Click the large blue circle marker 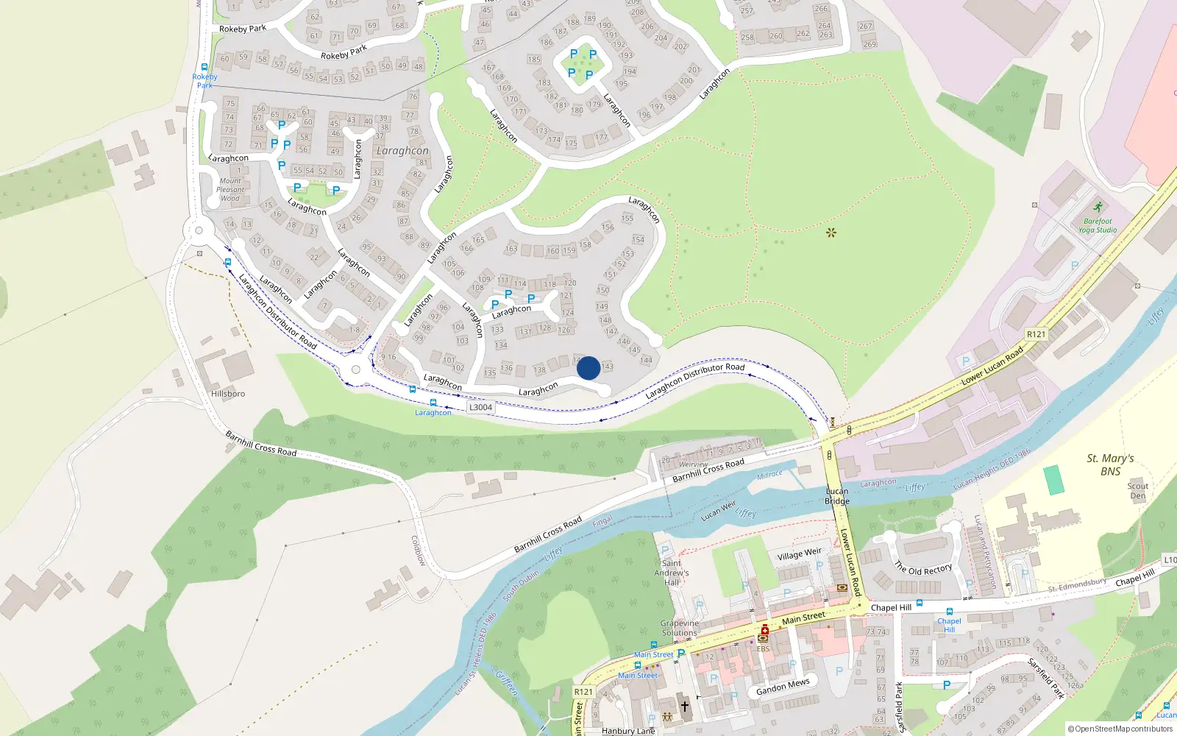(x=588, y=368)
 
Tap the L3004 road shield (x=480, y=407)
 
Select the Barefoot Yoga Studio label (x=1098, y=225)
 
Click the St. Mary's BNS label (x=1110, y=464)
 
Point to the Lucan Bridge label (x=837, y=496)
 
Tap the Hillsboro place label (x=228, y=394)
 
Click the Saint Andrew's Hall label (x=672, y=573)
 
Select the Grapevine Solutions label (x=679, y=628)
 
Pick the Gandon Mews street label (x=783, y=687)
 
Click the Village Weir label (x=799, y=553)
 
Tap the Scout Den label (x=1137, y=491)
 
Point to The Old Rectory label (x=923, y=569)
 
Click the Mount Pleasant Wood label (x=230, y=189)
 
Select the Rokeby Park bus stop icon (x=205, y=67)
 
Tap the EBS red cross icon (x=764, y=631)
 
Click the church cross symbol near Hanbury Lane (x=684, y=707)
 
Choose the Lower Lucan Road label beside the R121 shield (x=992, y=366)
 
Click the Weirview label (x=693, y=464)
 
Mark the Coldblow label (x=418, y=551)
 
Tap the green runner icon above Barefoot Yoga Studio (x=1098, y=208)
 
